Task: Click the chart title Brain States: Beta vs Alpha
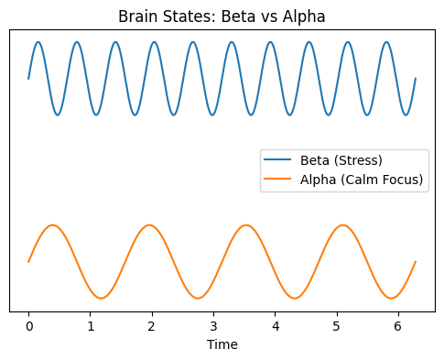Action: pos(222,16)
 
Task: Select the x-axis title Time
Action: pos(222,344)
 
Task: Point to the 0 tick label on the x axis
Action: pos(28,326)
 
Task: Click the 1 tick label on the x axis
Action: pos(90,326)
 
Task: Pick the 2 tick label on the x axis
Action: pos(152,326)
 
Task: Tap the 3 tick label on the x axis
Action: pos(213,326)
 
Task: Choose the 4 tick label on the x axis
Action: pos(275,326)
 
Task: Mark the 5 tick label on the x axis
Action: pos(337,326)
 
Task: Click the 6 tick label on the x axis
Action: pos(398,326)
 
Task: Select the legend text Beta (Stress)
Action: pos(341,162)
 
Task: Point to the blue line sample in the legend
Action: pos(278,162)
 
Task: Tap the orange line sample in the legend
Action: pos(278,180)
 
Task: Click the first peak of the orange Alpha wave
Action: pos(52,225)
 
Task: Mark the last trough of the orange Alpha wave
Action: pos(392,298)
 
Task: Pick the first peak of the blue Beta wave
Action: pos(38,42)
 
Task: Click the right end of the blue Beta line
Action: pos(416,78)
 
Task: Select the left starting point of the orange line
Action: pos(28,262)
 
